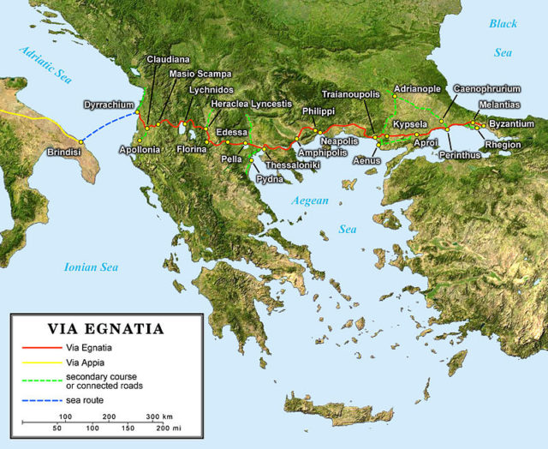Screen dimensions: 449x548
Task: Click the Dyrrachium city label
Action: click(106, 105)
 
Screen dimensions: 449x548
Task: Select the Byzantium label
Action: click(511, 124)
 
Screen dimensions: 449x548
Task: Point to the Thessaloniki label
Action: click(293, 164)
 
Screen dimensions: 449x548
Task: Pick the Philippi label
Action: click(317, 112)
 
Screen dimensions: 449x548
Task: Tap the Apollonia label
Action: click(141, 150)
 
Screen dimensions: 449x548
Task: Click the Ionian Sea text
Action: click(91, 267)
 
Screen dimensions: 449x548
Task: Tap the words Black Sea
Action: click(503, 38)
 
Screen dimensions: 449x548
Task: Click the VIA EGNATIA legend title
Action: click(105, 327)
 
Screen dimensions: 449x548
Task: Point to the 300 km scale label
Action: click(158, 415)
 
